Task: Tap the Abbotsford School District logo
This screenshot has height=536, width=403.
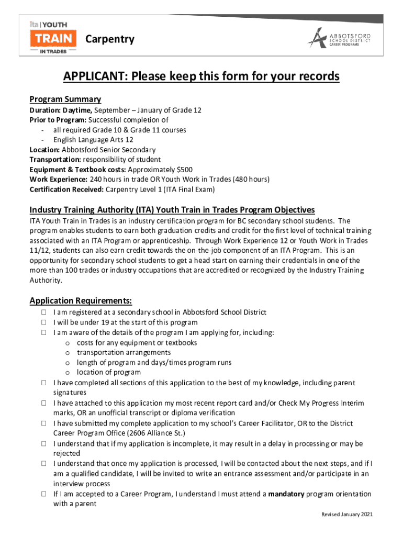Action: pos(338,39)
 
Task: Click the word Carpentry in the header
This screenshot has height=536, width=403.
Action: pos(109,39)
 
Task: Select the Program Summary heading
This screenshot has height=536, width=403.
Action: pos(65,99)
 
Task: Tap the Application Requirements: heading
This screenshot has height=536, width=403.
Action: pos(81,300)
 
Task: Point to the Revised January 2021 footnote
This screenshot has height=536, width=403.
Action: pos(347,515)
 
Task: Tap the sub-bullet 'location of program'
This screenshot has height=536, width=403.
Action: pos(108,373)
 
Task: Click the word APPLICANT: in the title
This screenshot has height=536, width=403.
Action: pos(96,77)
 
